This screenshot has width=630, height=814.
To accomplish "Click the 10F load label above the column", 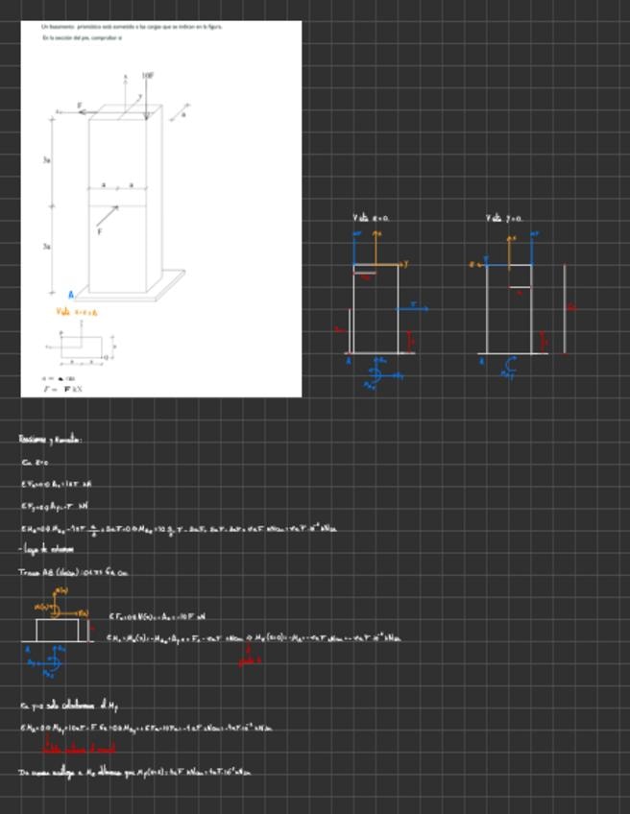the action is (148, 75).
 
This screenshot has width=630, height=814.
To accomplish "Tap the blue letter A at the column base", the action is (70, 295).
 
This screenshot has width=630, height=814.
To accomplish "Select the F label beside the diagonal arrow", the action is (99, 231).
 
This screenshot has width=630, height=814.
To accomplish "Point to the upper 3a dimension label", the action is (46, 159).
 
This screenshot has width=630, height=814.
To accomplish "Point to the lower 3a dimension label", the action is (46, 247).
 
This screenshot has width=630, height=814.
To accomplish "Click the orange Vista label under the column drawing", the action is (76, 312).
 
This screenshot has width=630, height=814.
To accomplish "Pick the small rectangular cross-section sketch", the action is (85, 347).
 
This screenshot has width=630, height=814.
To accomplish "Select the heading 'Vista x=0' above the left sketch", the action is (371, 219).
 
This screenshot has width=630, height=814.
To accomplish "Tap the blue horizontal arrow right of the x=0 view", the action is (414, 308).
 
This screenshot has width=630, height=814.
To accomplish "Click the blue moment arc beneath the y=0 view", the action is (510, 366).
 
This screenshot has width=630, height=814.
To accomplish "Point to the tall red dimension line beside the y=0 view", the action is (565, 307).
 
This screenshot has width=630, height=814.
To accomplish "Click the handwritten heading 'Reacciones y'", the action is (50, 440).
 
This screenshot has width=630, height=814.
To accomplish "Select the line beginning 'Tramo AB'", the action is (72, 573).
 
